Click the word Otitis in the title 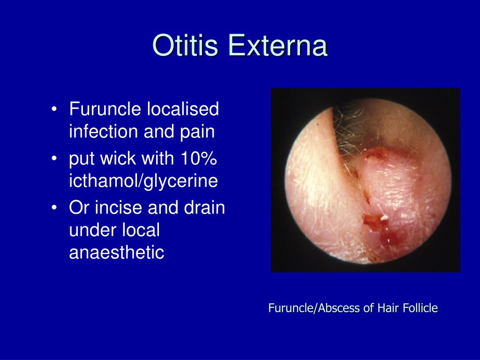pos(185,45)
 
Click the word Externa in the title pos(277,45)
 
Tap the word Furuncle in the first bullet pos(105,109)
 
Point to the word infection pos(104,131)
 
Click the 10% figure pos(199,158)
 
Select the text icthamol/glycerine pos(143,181)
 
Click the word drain pos(204,208)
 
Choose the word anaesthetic pos(117,252)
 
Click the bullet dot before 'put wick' pos(54,158)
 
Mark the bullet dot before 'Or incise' pos(54,208)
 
